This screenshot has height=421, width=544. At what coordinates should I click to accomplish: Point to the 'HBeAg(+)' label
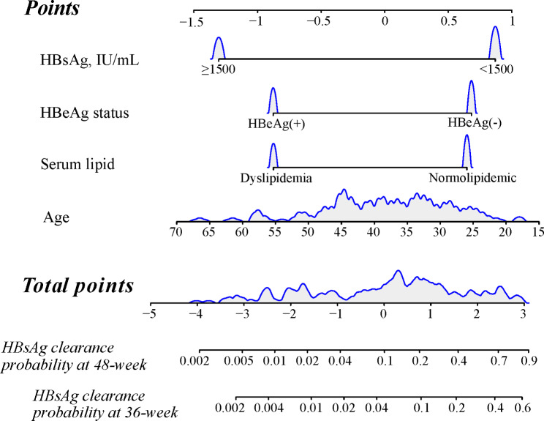pos(276,123)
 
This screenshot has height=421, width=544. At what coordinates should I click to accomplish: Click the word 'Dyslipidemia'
pos(272,177)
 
